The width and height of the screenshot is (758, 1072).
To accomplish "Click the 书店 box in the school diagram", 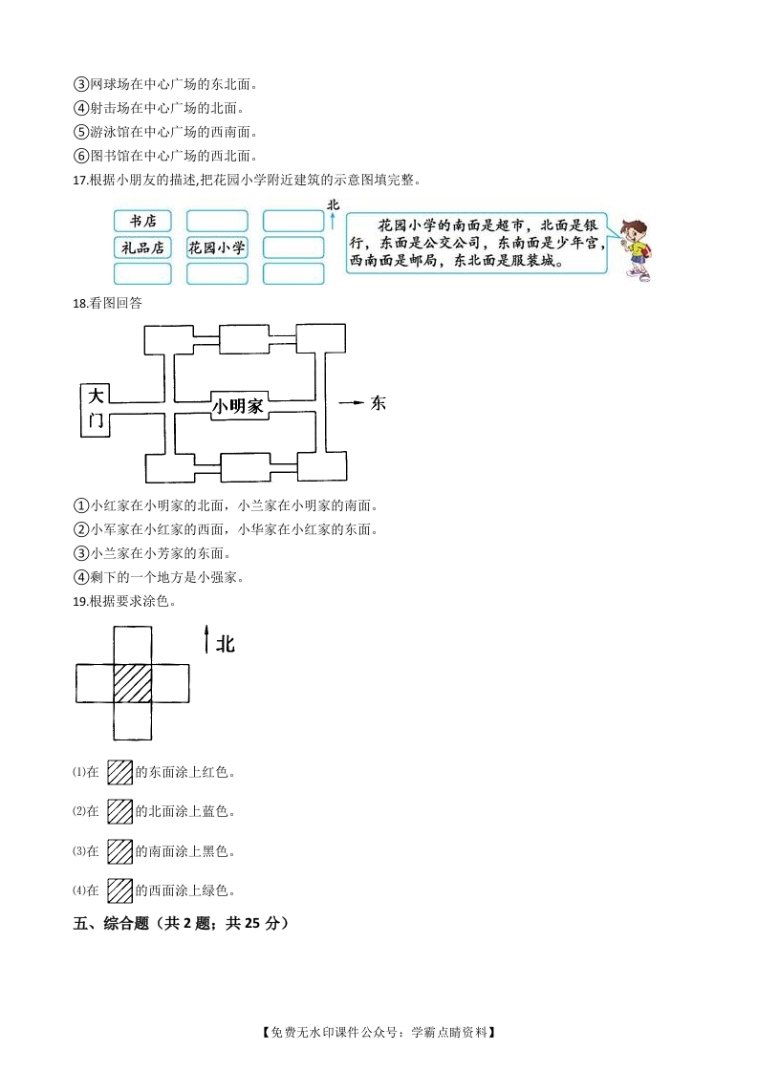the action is coord(142,221).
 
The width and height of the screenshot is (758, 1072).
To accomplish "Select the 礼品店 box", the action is coord(142,247).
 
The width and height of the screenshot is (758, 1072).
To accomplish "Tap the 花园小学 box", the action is coord(216,247).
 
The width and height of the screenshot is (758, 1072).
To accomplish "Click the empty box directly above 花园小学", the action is coord(217,221).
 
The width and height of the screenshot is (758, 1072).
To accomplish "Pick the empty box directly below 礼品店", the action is coord(142,273).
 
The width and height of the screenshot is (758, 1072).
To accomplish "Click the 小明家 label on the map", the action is coord(237,407).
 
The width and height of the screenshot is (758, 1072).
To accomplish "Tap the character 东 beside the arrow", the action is coord(379,402).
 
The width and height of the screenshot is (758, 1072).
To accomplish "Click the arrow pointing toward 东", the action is coord(352,402).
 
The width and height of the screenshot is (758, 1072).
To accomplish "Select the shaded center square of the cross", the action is coord(133,683).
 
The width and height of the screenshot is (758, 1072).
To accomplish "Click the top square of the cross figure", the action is coord(133,645).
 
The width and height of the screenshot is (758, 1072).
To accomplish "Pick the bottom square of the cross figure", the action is coord(133,720).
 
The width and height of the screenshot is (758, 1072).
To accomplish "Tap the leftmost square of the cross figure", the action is coord(95,683).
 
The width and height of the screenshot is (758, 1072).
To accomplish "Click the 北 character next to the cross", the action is coord(225,643).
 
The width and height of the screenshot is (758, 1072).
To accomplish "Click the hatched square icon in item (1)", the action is coord(119,773).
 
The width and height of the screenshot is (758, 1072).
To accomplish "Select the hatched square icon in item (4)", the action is coord(119,890).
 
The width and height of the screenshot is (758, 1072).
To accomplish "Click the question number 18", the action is coord(80,304).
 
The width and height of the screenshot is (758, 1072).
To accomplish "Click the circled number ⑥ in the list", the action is coord(81,156).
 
